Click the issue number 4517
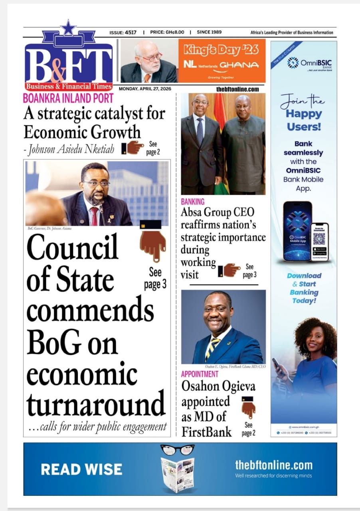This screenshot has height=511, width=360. tap(131, 32)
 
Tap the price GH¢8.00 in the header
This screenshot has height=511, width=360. tap(174, 32)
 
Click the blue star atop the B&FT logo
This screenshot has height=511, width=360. tap(68, 28)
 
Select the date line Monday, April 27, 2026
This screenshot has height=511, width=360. tap(145, 89)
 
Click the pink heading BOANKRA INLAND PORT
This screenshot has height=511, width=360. tap(68, 98)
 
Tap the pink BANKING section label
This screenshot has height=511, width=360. tap(192, 202)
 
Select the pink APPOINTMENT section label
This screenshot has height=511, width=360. tap(200, 374)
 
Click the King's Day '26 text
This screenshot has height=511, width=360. tap(221, 50)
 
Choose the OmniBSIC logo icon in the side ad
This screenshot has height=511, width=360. tap(293, 62)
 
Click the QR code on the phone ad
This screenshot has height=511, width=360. tap(319, 238)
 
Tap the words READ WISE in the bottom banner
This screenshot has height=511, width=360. tap(81, 469)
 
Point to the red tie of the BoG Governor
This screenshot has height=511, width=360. tap(94, 216)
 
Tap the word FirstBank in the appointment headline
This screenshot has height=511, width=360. tap(206, 431)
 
